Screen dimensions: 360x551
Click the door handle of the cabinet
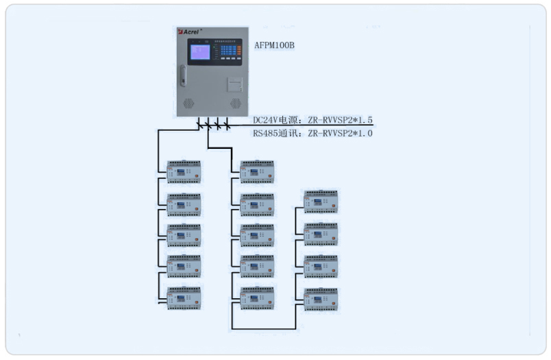[183, 75]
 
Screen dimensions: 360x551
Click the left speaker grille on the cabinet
[190, 102]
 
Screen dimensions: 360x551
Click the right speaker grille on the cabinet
[235, 102]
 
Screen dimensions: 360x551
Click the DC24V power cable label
[313, 121]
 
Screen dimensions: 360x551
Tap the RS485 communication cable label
[313, 134]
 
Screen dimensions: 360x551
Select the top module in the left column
[184, 172]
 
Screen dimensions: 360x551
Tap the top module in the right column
[321, 202]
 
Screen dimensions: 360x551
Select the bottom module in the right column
[321, 299]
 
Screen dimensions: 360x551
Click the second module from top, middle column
[257, 204]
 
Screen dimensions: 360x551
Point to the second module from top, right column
[321, 234]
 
